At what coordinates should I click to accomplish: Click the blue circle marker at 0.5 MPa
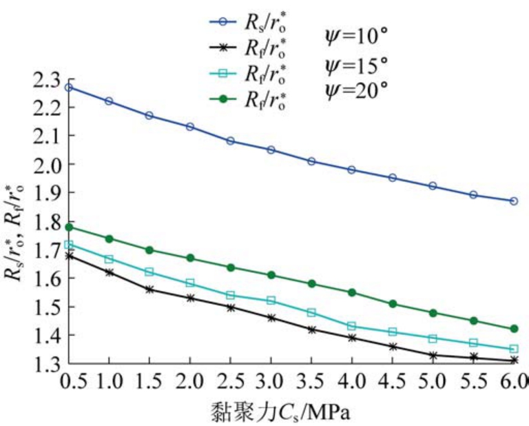pyautogui.click(x=69, y=88)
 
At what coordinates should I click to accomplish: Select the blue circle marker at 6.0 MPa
pyautogui.click(x=514, y=201)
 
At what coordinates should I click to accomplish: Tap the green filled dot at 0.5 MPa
pyautogui.click(x=69, y=227)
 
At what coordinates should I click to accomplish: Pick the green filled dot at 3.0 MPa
pyautogui.click(x=271, y=275)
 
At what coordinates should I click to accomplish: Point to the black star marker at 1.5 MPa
pyautogui.click(x=149, y=289)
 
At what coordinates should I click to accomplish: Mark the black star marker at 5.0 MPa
pyautogui.click(x=433, y=356)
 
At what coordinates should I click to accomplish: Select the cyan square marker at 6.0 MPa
pyautogui.click(x=514, y=349)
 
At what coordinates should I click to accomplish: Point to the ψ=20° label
pyautogui.click(x=356, y=90)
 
